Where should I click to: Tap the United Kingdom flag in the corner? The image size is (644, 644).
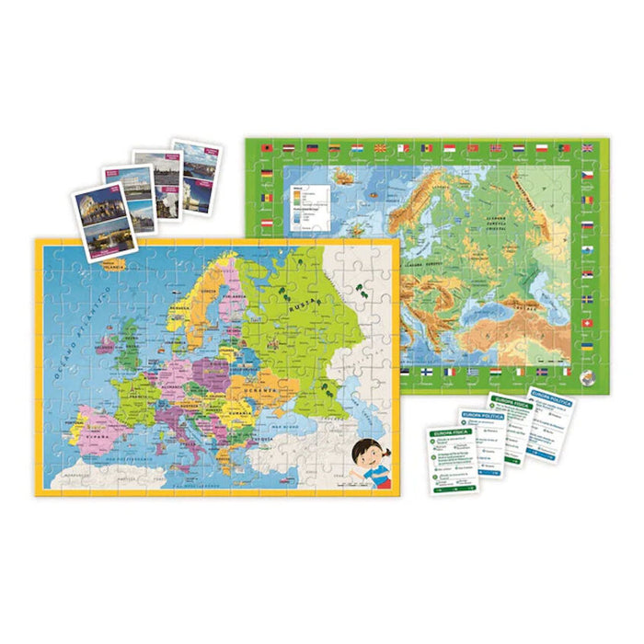coord(588,147)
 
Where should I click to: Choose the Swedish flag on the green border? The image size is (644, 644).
coord(588,300)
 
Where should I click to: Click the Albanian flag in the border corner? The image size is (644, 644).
coord(267,147)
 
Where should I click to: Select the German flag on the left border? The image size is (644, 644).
coord(267,171)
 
